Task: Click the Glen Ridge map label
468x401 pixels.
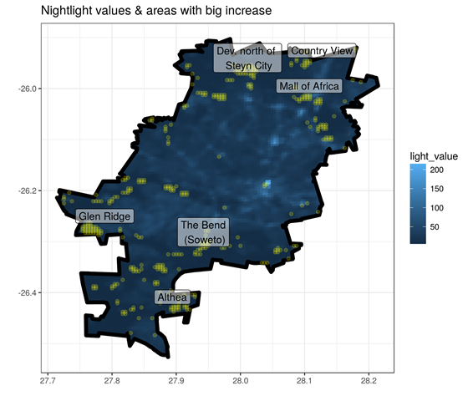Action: tap(104, 216)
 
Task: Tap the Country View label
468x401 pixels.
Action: tap(322, 51)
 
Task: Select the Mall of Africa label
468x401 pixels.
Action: tap(309, 86)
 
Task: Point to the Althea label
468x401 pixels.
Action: tap(172, 297)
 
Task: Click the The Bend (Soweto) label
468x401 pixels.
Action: tap(203, 232)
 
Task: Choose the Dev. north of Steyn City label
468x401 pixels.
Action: tap(247, 58)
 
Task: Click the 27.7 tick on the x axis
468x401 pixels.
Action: tap(48, 381)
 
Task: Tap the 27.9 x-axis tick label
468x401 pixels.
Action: tap(176, 381)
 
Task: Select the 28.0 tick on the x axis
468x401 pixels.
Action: tap(241, 381)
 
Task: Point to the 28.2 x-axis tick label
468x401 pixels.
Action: tap(369, 381)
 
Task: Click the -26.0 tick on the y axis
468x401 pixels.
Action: tap(27, 89)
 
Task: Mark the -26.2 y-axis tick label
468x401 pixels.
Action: tap(27, 190)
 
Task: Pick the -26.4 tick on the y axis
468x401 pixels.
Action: tap(27, 292)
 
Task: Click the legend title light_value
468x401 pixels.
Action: tap(434, 156)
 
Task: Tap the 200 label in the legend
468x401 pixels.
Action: tap(436, 170)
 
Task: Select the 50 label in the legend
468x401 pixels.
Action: tap(435, 227)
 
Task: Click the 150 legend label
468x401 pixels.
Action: tap(436, 189)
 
